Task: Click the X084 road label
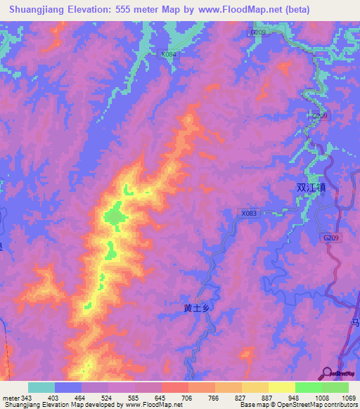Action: tap(168, 54)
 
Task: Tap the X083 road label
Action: tap(249, 213)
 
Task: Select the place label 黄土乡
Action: tap(197, 307)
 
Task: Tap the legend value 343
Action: tap(21, 397)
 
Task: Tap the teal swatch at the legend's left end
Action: tap(41, 387)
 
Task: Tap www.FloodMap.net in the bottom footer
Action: tap(150, 405)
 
